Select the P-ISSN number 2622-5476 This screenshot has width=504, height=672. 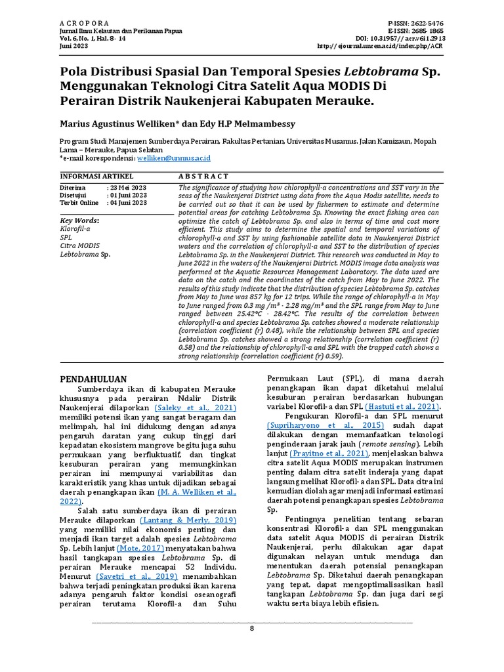click(425, 22)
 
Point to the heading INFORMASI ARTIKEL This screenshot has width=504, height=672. click(97, 177)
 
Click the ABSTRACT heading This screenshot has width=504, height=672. click(203, 177)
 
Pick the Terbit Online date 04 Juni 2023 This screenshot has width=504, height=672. click(128, 203)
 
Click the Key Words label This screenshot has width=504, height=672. click(79, 220)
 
